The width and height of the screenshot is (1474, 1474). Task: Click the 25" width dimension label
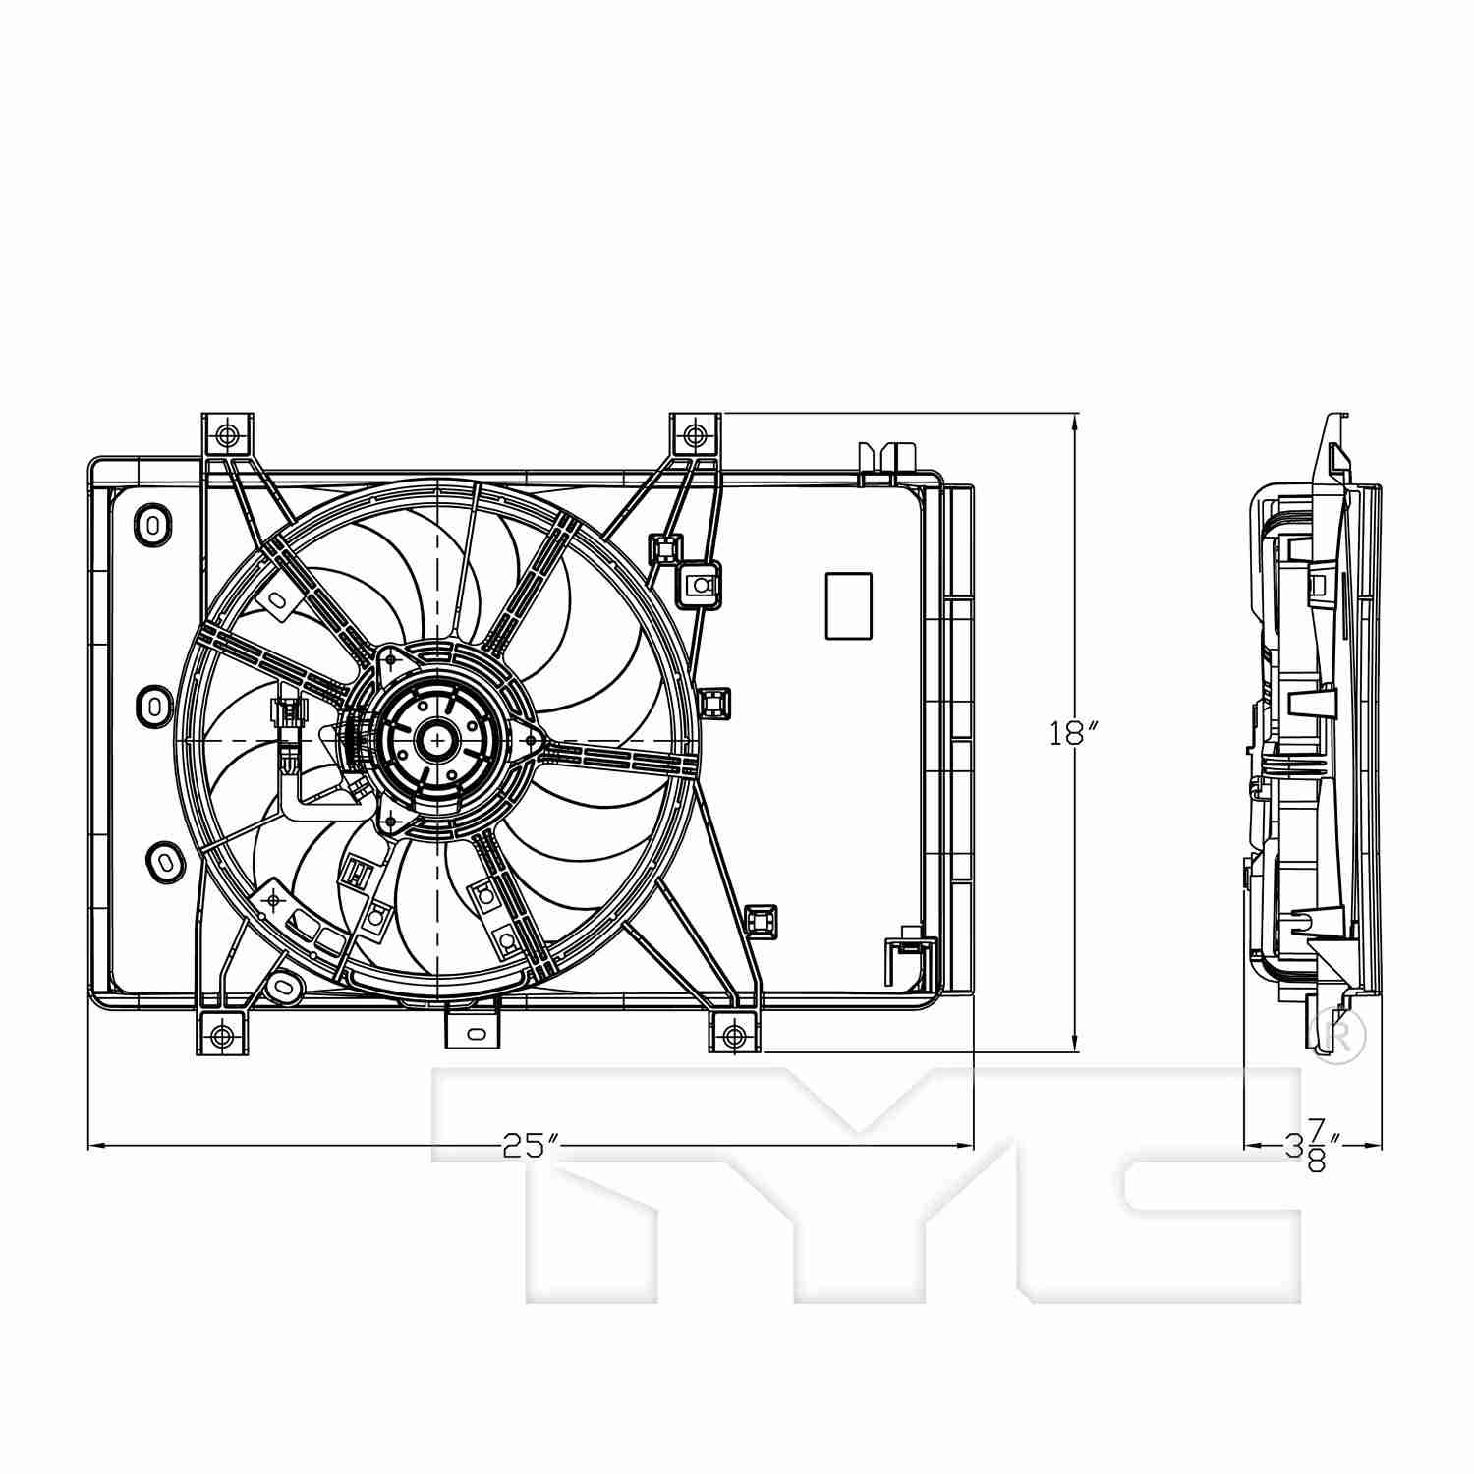pyautogui.click(x=531, y=1145)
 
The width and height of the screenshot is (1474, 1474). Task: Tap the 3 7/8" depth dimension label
pyautogui.click(x=1313, y=1147)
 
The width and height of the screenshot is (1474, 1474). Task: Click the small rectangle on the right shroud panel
pyautogui.click(x=848, y=605)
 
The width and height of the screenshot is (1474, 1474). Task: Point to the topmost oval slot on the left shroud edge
pyautogui.click(x=153, y=523)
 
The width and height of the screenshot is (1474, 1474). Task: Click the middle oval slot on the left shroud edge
pyautogui.click(x=154, y=704)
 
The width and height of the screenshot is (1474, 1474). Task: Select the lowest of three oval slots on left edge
pyautogui.click(x=163, y=861)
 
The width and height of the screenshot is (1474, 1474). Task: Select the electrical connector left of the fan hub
pyautogui.click(x=291, y=722)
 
